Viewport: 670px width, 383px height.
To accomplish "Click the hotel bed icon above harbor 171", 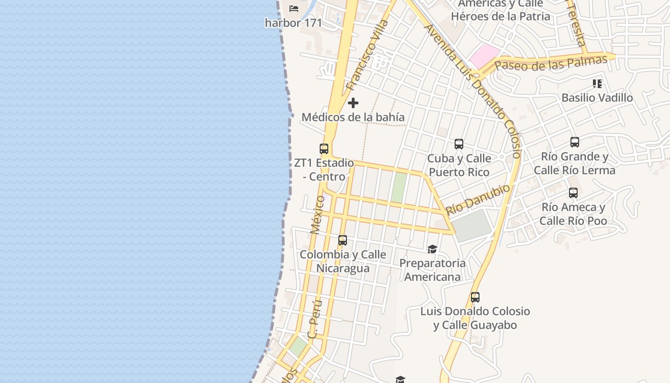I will [294, 8].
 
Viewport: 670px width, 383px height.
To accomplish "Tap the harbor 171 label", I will [293, 23].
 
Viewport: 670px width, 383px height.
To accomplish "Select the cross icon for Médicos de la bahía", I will [353, 103].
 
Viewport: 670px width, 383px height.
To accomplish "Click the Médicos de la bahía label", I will [353, 117].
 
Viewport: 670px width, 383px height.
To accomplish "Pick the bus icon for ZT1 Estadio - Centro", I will [324, 149].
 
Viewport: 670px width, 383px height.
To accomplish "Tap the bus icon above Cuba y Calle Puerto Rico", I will [459, 144].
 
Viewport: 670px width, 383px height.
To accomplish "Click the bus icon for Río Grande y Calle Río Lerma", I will [575, 142].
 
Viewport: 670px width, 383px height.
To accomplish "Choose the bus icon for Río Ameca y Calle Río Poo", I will [573, 193].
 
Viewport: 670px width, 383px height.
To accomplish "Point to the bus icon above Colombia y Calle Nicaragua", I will [343, 240].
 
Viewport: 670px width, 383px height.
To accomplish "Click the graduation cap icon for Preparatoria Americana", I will [433, 249].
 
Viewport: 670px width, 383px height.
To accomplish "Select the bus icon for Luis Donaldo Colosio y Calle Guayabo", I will [475, 297].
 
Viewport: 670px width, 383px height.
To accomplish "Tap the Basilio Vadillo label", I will [597, 98].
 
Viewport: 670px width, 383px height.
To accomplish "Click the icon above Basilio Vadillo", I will [597, 84].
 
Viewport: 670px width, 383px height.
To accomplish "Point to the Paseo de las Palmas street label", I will [551, 63].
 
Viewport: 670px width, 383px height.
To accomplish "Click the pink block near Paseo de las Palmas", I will [484, 56].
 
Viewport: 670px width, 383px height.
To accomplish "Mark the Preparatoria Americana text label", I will [433, 270].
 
